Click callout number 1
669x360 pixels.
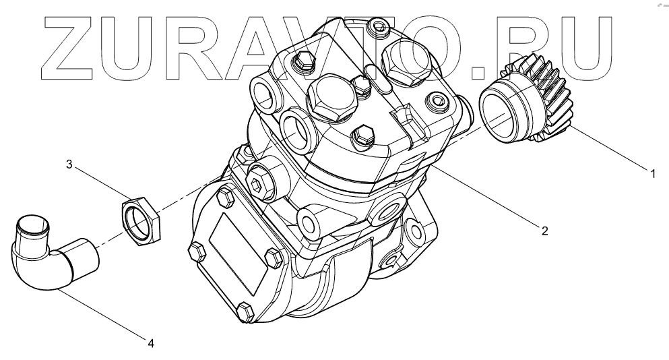point(652,174)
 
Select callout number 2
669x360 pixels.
point(544,231)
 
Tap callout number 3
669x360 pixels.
point(69,164)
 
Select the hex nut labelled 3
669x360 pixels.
point(140,220)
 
